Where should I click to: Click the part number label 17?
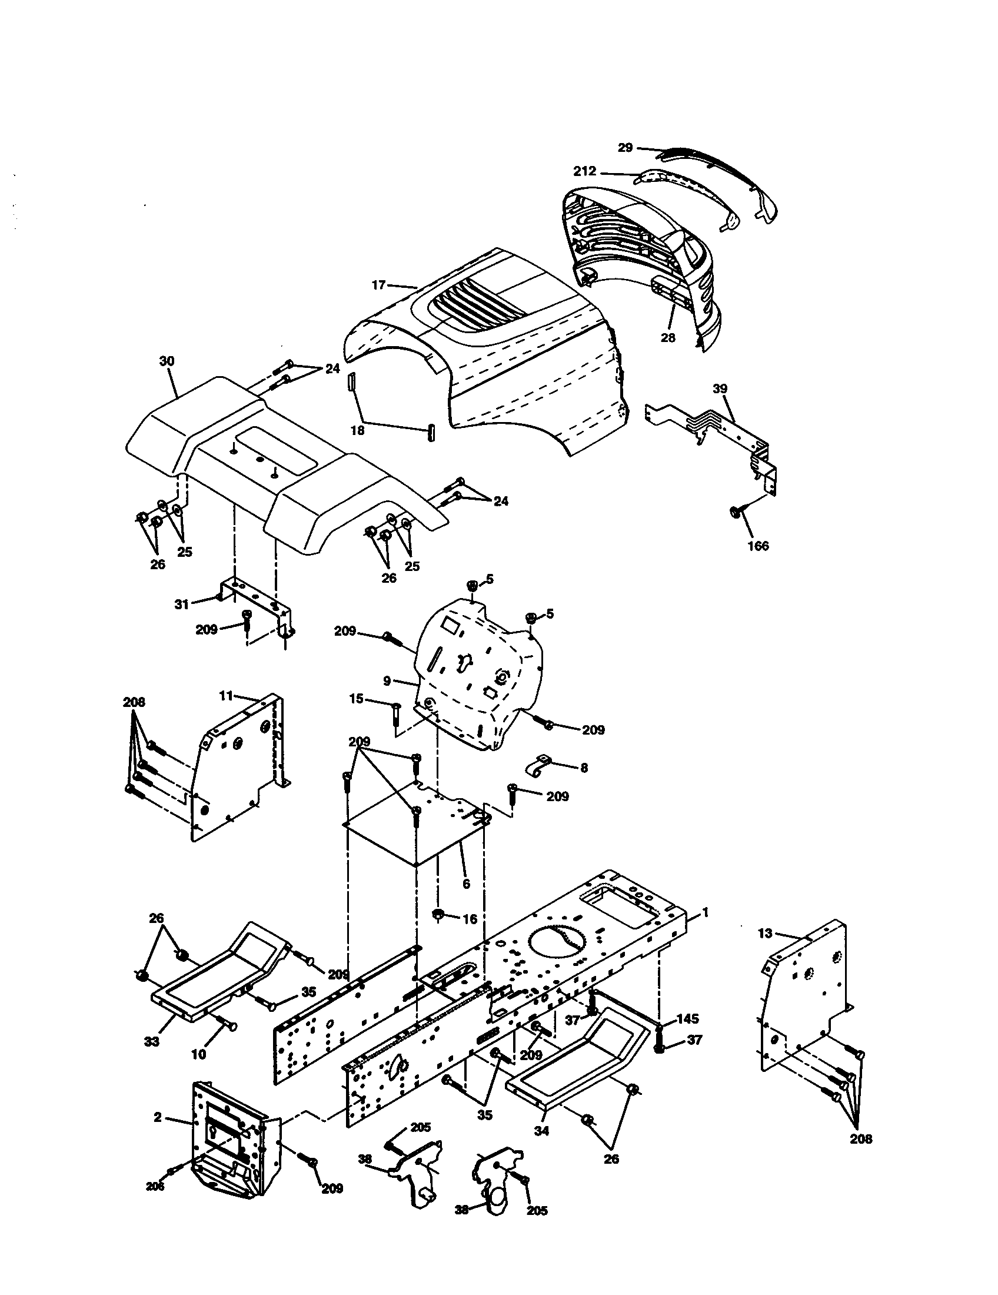pyautogui.click(x=379, y=285)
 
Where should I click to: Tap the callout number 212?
pyautogui.click(x=584, y=171)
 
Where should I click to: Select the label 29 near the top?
pyautogui.click(x=626, y=147)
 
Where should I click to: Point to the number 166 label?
pyautogui.click(x=758, y=546)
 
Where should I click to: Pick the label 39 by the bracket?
pyautogui.click(x=720, y=388)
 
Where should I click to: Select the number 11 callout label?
pyautogui.click(x=226, y=696)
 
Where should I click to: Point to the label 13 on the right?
pyautogui.click(x=765, y=934)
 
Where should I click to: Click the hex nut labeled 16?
pyautogui.click(x=440, y=915)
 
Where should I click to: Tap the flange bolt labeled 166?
pyautogui.click(x=734, y=511)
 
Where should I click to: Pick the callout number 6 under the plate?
pyautogui.click(x=466, y=901)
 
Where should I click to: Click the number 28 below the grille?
pyautogui.click(x=668, y=338)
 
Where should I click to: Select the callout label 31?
pyautogui.click(x=181, y=604)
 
